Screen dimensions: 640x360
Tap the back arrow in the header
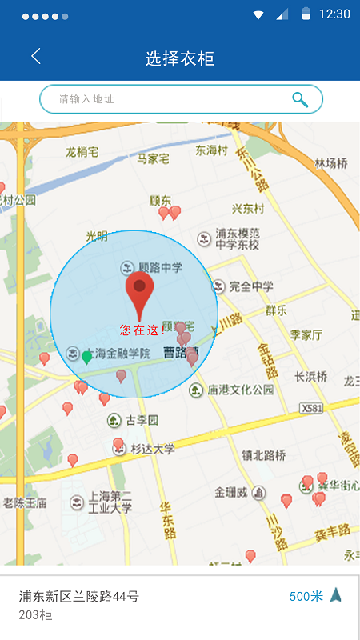[35, 57]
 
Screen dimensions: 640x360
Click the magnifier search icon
[300, 99]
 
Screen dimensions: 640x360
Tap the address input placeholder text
[86, 99]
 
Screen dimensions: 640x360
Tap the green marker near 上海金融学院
[86, 357]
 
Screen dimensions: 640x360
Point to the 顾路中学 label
[160, 267]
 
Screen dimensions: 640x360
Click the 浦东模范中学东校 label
[238, 239]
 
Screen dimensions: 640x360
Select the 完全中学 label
[251, 286]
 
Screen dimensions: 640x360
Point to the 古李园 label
[142, 420]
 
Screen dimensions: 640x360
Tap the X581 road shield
[313, 408]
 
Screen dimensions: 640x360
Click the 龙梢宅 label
[82, 152]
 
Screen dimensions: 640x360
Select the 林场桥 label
[330, 163]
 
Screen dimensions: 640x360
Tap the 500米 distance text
[306, 596]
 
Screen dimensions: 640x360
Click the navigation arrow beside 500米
[336, 595]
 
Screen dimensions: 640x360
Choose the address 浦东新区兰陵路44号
[79, 596]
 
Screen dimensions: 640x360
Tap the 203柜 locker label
[35, 614]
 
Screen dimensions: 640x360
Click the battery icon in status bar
[306, 14]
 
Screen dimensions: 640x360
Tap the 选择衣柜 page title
[180, 58]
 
